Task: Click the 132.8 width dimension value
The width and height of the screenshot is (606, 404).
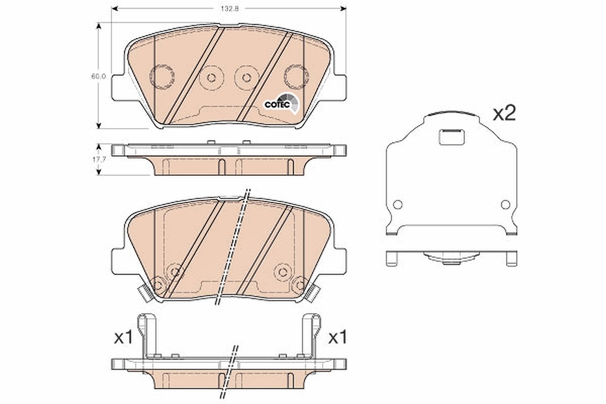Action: click(x=230, y=9)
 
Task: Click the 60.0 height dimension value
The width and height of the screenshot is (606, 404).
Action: click(x=98, y=77)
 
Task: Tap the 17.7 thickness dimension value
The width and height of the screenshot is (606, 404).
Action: click(x=99, y=160)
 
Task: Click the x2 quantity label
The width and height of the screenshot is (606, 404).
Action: click(x=504, y=114)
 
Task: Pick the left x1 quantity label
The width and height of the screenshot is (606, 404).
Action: click(x=123, y=338)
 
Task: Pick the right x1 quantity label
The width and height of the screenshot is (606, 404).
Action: click(x=337, y=338)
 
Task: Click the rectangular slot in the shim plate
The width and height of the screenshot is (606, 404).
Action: click(x=451, y=137)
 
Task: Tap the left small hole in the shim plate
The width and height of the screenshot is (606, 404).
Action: click(x=397, y=205)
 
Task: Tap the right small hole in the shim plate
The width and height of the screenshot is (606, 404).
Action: click(x=506, y=205)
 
